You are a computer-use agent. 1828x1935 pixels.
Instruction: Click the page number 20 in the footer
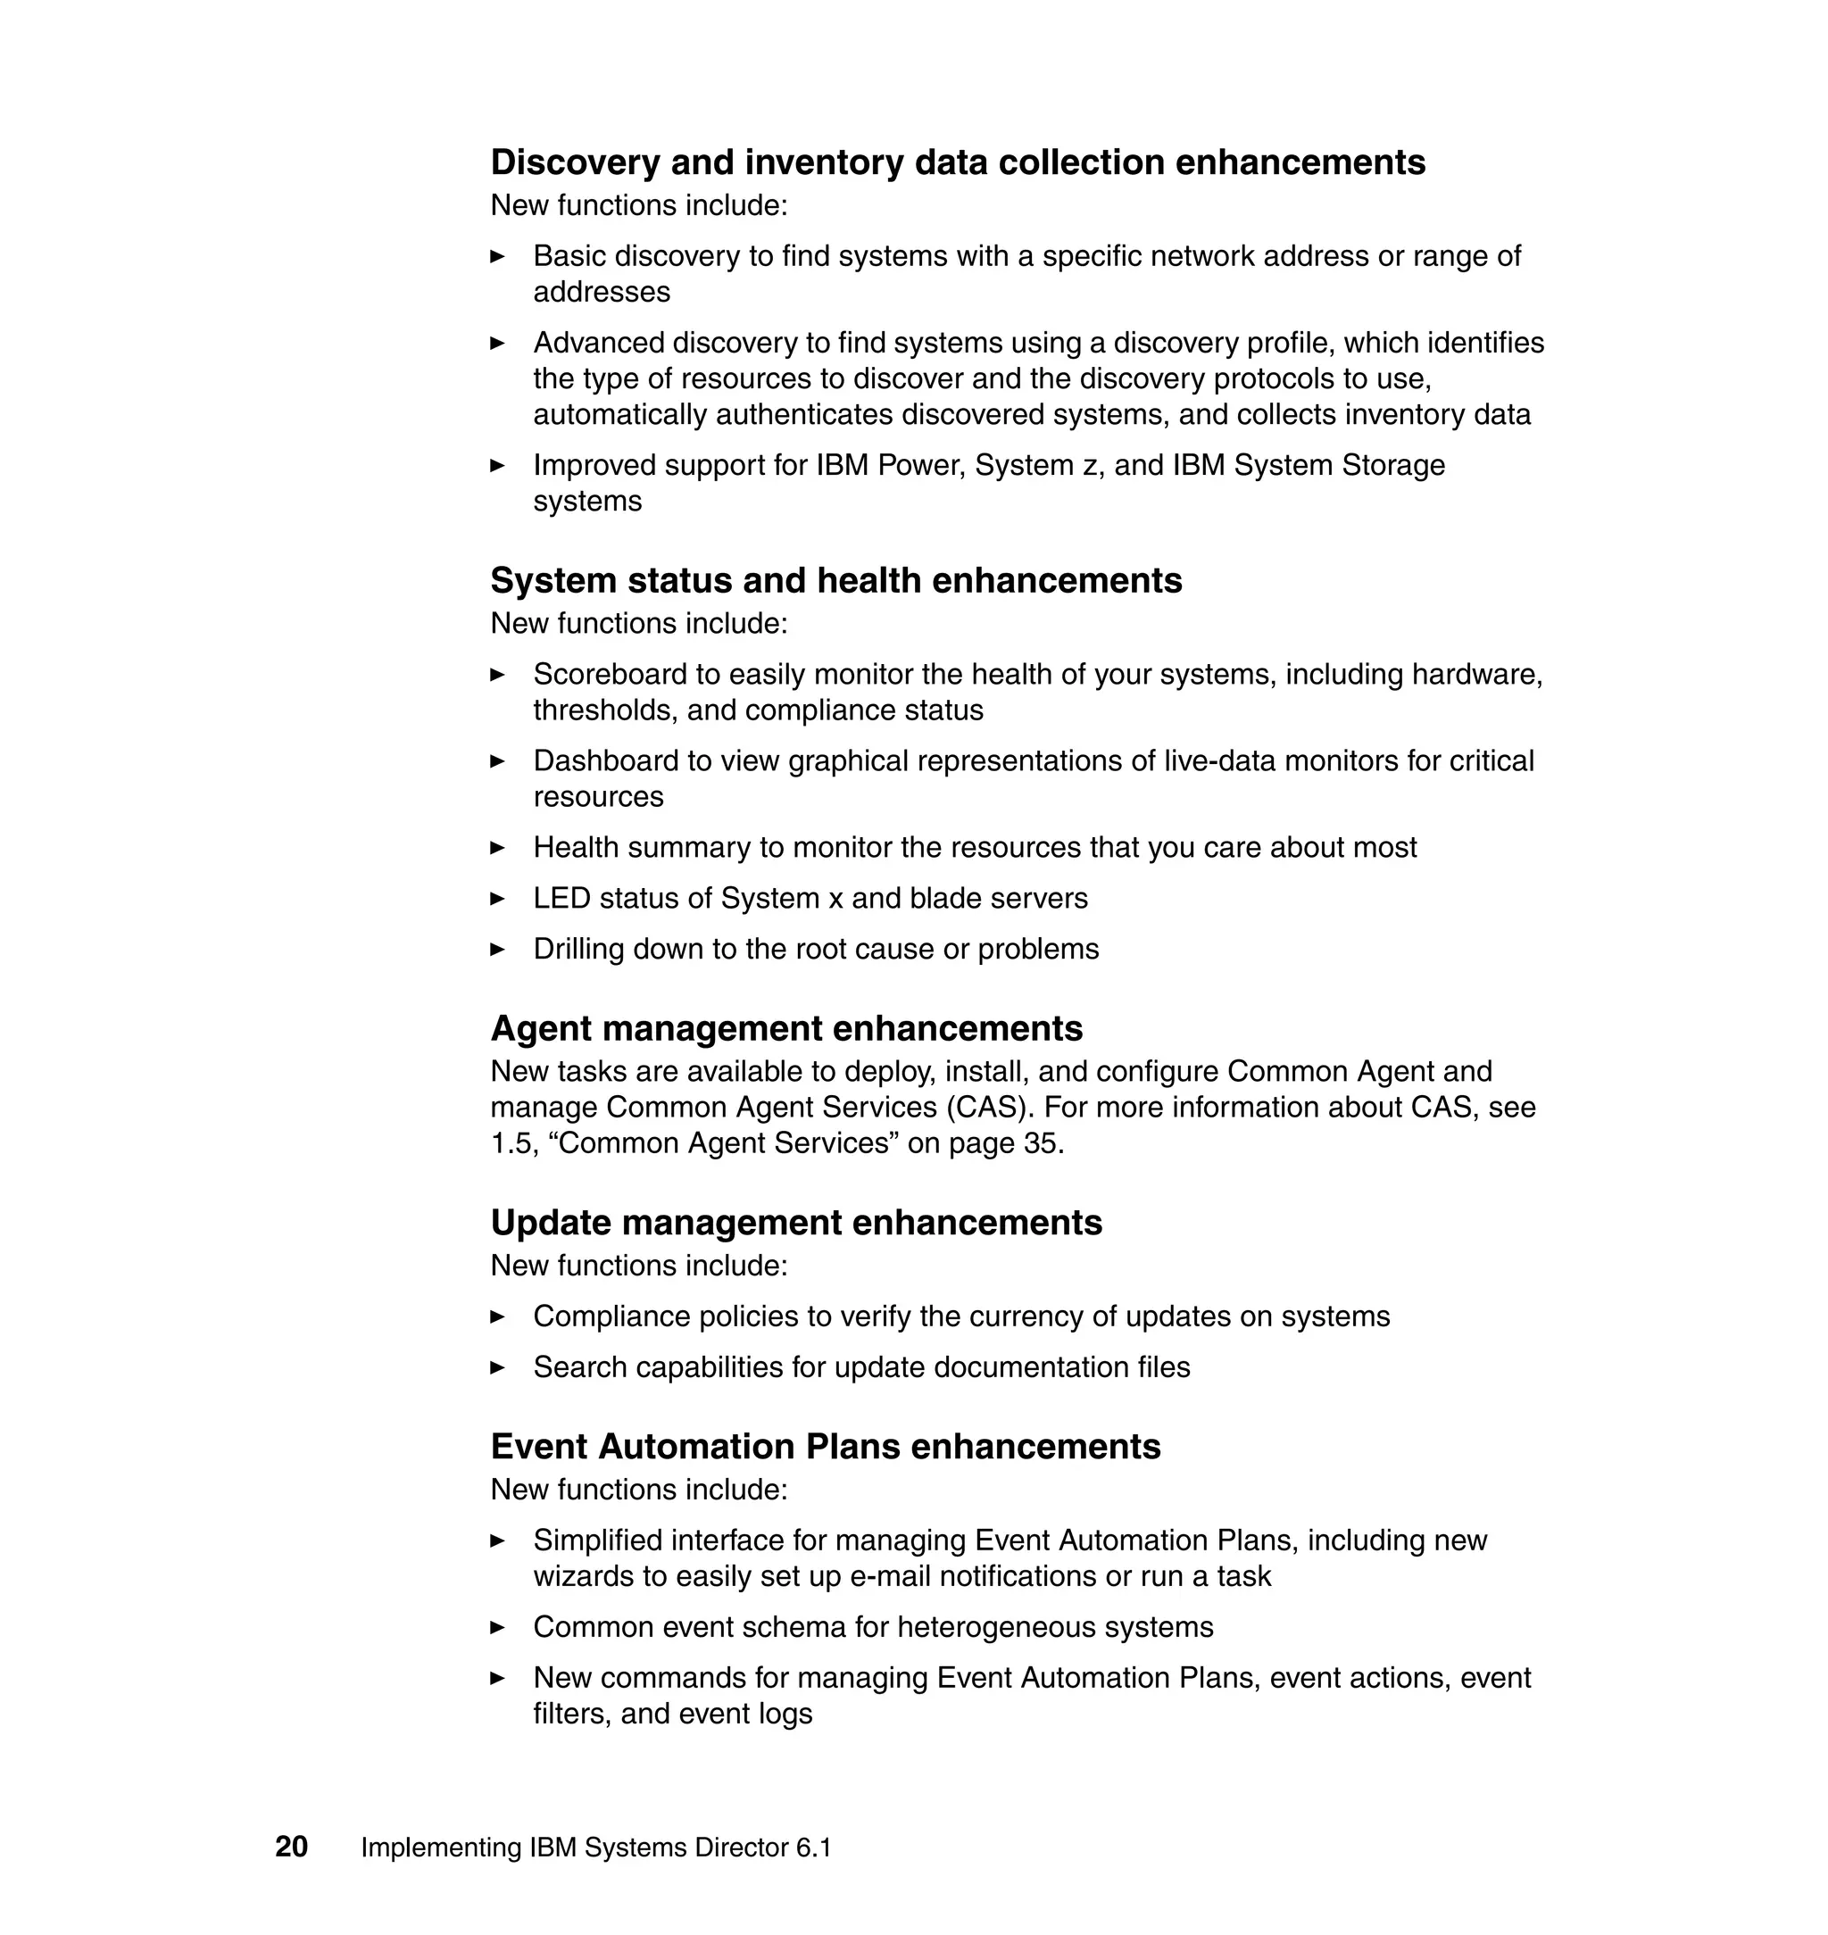coord(291,1847)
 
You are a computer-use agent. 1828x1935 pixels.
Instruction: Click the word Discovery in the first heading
coord(575,162)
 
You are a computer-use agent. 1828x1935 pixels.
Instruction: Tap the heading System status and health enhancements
coord(836,581)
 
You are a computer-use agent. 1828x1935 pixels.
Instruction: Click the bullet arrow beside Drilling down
coord(497,949)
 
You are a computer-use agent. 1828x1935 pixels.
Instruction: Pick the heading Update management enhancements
coord(796,1223)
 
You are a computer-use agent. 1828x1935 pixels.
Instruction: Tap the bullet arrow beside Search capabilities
coord(497,1368)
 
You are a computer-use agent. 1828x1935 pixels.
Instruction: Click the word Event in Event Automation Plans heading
coord(539,1447)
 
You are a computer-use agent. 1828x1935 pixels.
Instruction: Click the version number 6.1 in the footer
coord(814,1848)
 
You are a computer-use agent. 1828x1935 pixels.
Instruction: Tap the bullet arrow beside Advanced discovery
coord(497,343)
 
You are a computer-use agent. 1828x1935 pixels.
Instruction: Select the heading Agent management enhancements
coord(786,1029)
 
